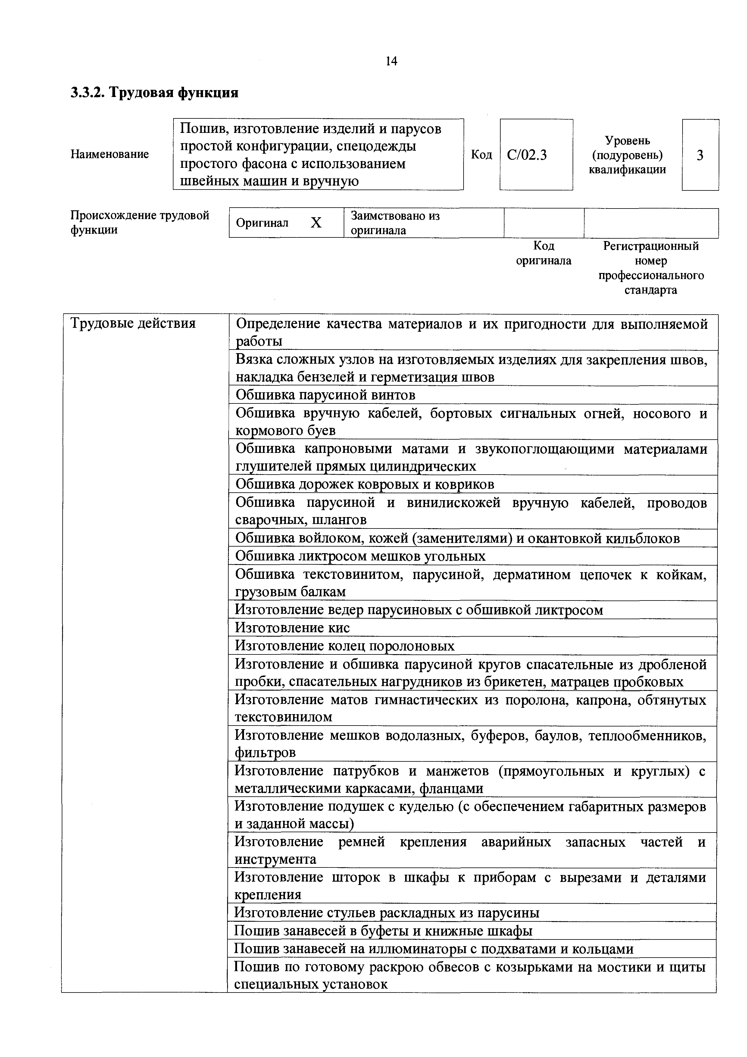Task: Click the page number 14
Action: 391,61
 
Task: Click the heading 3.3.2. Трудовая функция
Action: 155,93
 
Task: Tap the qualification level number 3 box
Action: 700,155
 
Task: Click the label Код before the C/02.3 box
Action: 481,155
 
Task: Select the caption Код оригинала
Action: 544,253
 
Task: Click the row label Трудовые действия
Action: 133,324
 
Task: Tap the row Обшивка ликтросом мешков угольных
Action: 360,556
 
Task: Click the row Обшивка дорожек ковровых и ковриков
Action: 364,484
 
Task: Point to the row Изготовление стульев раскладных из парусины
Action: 387,912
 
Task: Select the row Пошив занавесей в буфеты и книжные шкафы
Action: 383,930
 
